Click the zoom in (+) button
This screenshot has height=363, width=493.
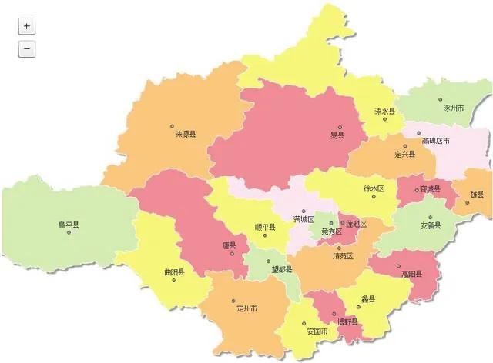pos(26,25)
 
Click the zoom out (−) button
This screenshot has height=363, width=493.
pos(26,49)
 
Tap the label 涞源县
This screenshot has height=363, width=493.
pos(186,134)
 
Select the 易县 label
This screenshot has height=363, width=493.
pos(337,135)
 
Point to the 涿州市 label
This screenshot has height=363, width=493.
pos(453,108)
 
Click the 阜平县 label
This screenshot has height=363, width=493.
pos(69,225)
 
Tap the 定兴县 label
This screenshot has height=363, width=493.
pos(404,154)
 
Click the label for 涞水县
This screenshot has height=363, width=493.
pos(384,112)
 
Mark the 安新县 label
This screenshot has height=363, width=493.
pos(430,225)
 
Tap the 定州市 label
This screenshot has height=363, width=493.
pos(247,309)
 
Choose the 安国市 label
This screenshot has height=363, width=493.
pos(317,331)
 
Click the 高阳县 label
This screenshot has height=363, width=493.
pos(411,273)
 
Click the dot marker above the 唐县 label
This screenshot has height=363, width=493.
pos(228,235)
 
